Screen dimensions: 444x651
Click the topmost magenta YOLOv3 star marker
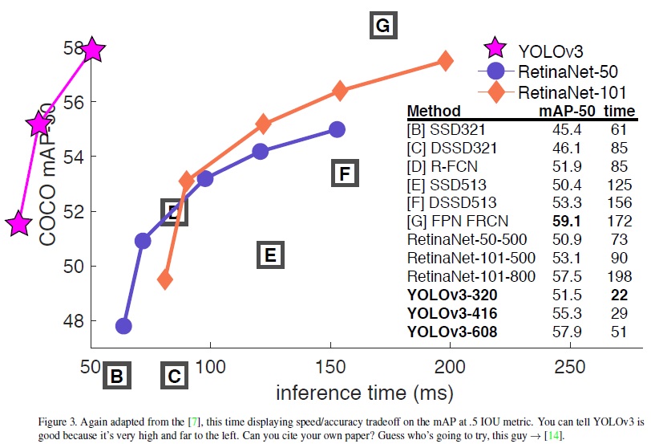[92, 50]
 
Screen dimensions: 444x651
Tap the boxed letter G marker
[382, 26]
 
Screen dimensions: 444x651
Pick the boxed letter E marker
[270, 255]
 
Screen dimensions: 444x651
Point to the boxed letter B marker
[116, 375]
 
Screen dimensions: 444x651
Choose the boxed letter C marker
[174, 375]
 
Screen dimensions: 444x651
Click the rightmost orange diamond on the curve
[445, 61]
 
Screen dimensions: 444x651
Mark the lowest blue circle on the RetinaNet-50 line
[123, 326]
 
